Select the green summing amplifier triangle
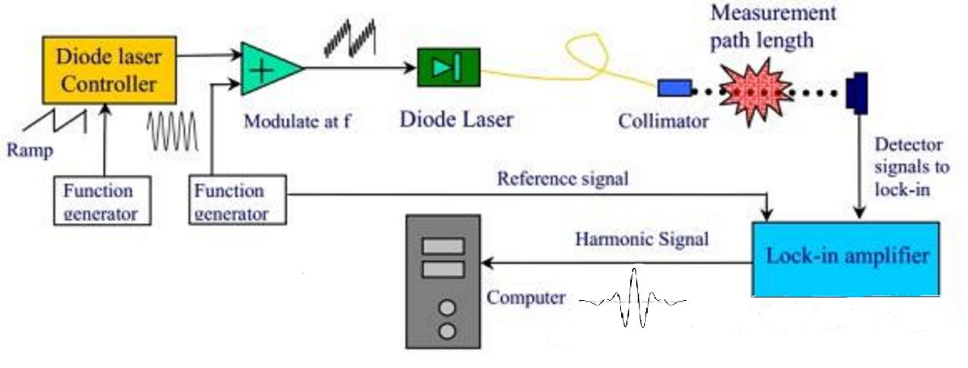point(267,69)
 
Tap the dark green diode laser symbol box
point(448,67)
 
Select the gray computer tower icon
point(443,281)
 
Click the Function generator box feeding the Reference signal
point(239,200)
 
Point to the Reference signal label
point(563,179)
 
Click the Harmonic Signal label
point(642,239)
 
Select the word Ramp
point(31,150)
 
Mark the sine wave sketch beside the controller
point(173,131)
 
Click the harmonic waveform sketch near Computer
point(633,300)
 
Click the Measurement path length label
point(773,26)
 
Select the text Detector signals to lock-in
point(908,166)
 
